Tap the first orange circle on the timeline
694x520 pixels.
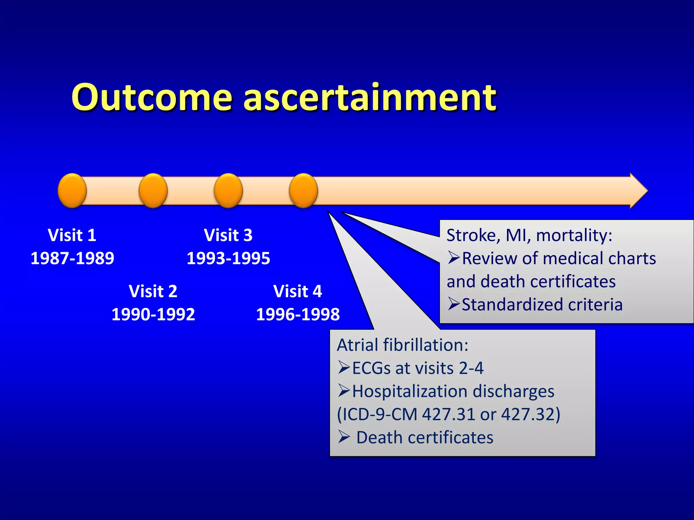tap(72, 191)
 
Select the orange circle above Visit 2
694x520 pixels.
tap(153, 191)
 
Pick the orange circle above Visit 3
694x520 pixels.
tap(228, 191)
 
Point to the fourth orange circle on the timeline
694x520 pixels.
tap(303, 191)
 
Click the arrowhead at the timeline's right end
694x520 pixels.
tap(638, 191)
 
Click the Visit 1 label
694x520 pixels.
tap(72, 235)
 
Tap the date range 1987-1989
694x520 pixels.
tap(72, 258)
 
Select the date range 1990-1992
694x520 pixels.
tap(153, 315)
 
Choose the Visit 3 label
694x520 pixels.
tap(228, 235)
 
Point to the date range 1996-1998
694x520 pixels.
tap(298, 315)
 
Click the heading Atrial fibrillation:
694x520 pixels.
tap(403, 345)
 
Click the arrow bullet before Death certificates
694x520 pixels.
tap(344, 437)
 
